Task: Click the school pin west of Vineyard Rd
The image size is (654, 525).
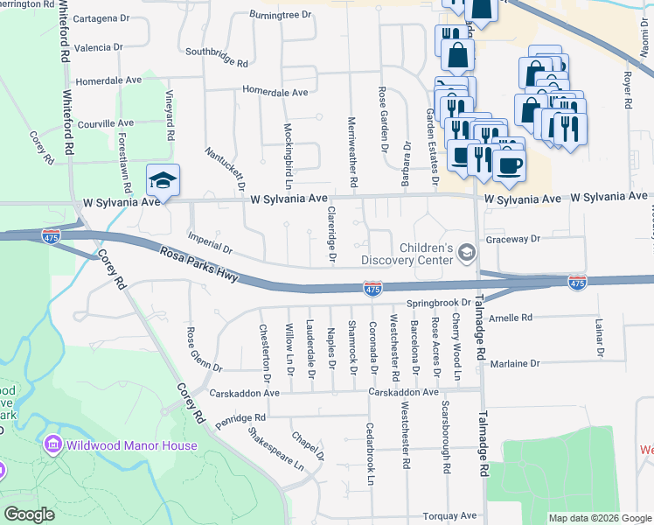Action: [x=163, y=181]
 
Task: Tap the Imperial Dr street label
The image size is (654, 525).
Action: [x=210, y=242]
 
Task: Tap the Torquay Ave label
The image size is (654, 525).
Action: [x=449, y=515]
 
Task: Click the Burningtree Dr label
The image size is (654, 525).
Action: [x=280, y=14]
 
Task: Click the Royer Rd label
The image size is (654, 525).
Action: [x=627, y=83]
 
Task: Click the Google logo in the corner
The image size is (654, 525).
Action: [x=29, y=514]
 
